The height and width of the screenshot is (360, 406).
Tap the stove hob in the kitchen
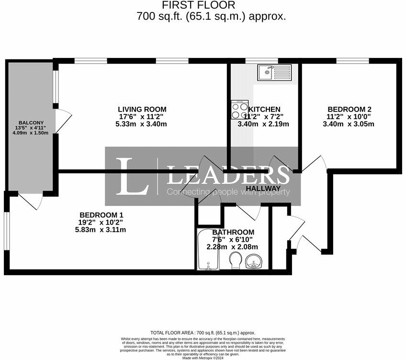pos(239,110)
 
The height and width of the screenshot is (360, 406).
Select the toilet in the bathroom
pos(235,261)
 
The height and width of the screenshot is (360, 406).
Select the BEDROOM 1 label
pos(101,215)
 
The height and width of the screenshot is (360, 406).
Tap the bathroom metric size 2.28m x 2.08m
pos(232,247)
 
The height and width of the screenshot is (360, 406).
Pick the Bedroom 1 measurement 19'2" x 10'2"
pos(102,222)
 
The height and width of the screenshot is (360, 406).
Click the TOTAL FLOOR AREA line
pos(203,333)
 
